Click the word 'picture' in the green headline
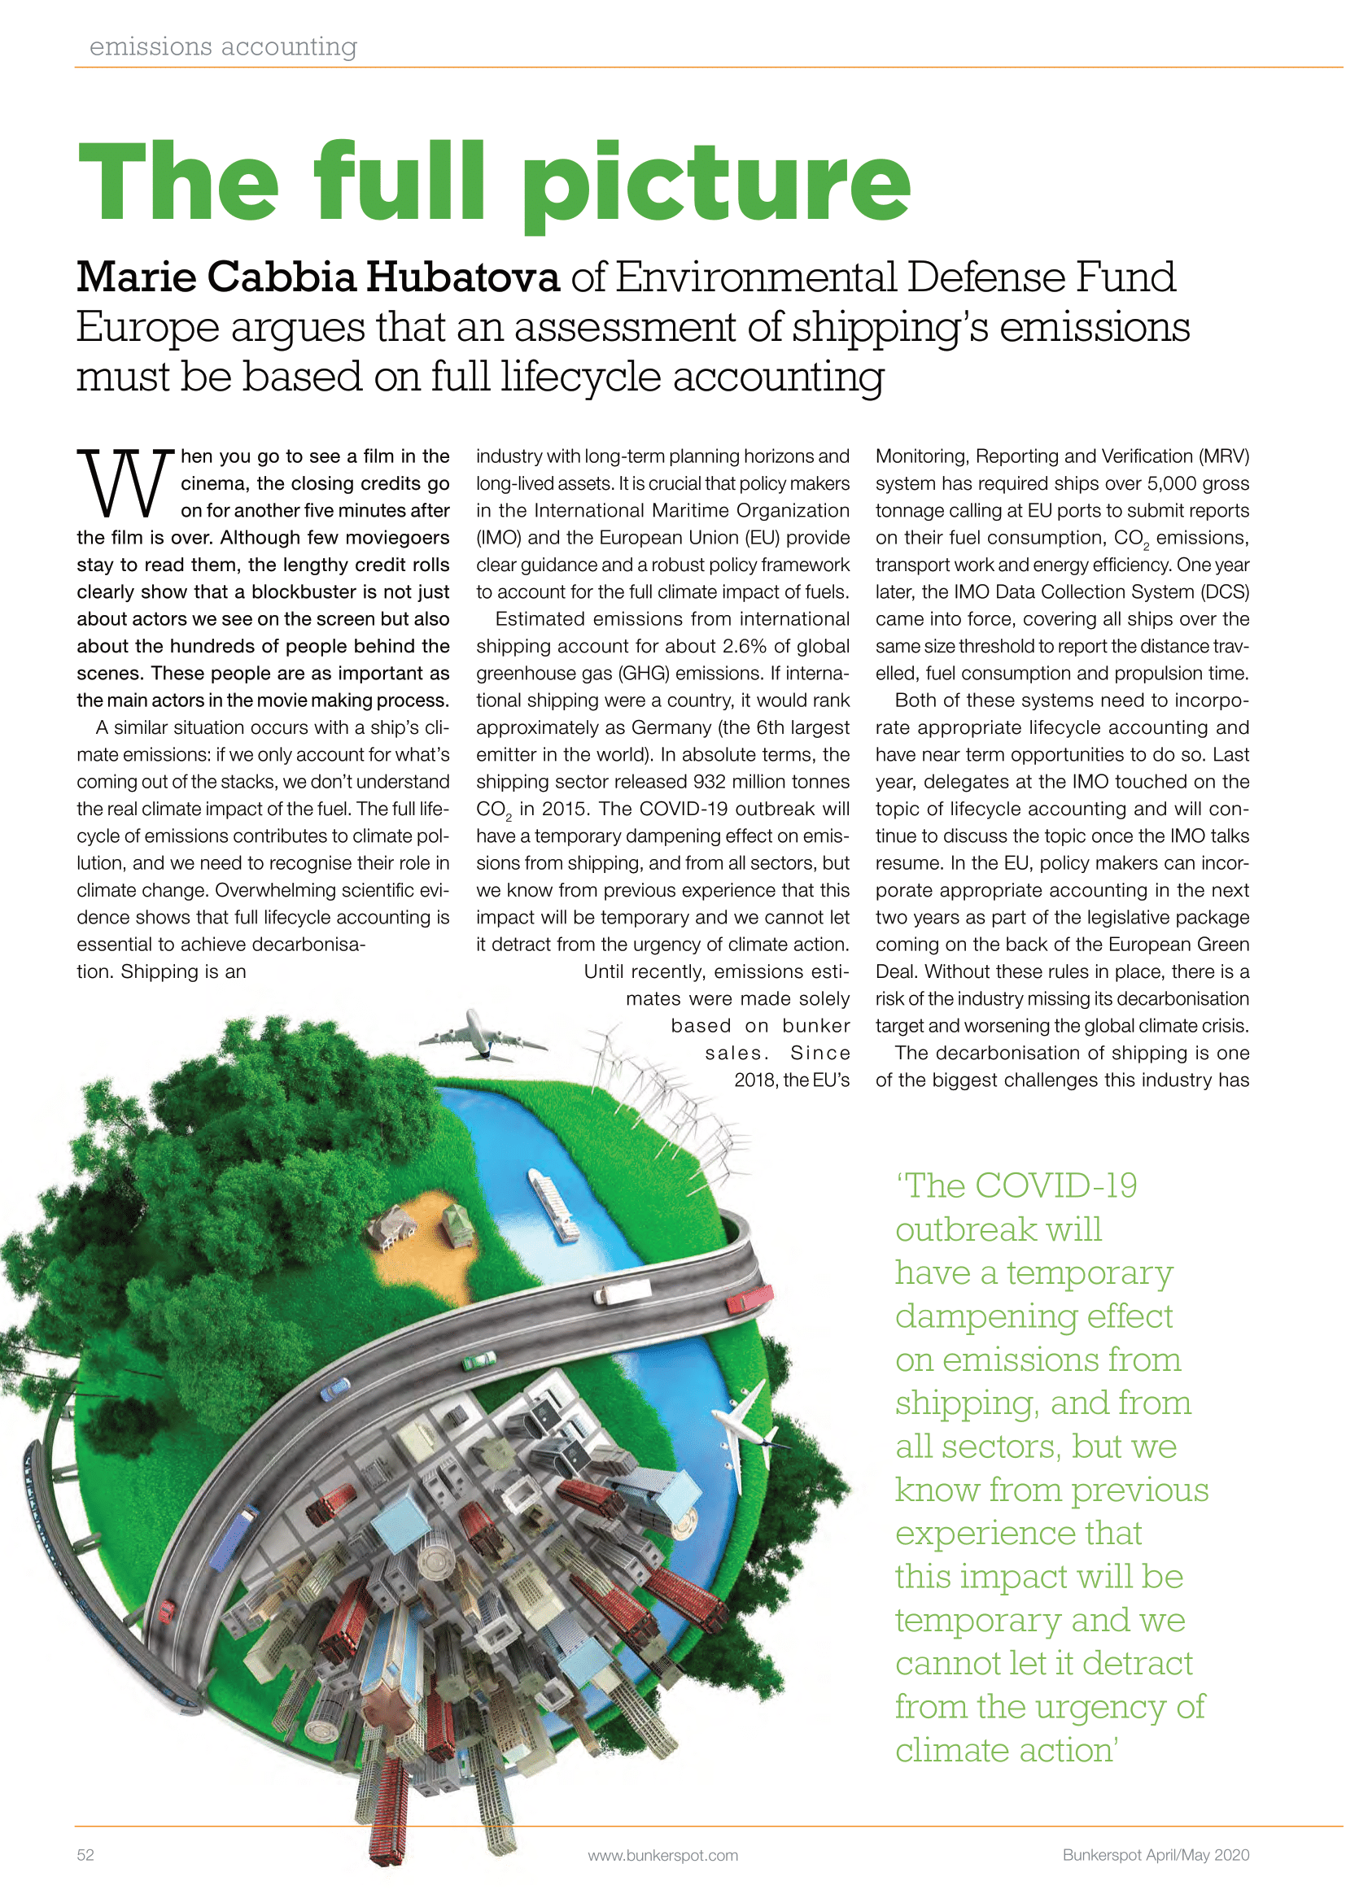(x=716, y=184)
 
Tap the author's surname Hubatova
(x=462, y=277)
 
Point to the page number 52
(x=85, y=1855)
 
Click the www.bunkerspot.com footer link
(x=662, y=1856)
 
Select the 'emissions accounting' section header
(x=223, y=47)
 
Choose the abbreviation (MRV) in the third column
(x=1219, y=456)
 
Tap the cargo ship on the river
(x=554, y=1204)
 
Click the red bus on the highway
(x=749, y=1298)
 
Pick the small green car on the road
(x=479, y=1360)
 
